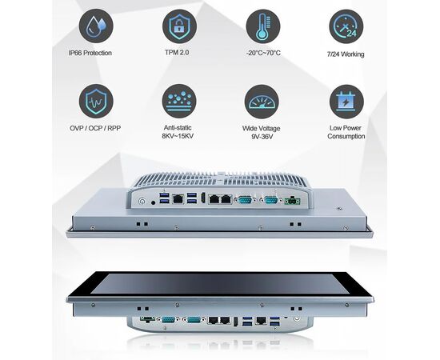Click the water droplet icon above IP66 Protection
coord(96,26)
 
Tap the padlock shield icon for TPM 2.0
coord(179,26)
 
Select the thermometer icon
coord(263,26)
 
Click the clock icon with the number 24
coord(346,26)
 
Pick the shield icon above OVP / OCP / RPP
coord(96,101)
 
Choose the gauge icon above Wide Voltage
coord(262,102)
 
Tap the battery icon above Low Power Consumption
coord(346,102)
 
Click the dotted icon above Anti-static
coord(179,101)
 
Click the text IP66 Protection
coord(90,53)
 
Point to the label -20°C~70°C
coord(263,53)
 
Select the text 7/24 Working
coord(346,54)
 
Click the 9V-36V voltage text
coord(262,137)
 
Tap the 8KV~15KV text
coord(178,136)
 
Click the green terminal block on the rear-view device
coord(292,201)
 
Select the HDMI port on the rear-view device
coord(202,198)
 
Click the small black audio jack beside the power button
coord(154,202)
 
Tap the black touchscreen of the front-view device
coord(220,284)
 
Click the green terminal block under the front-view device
coord(147,319)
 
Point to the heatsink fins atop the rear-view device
coord(220,179)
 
